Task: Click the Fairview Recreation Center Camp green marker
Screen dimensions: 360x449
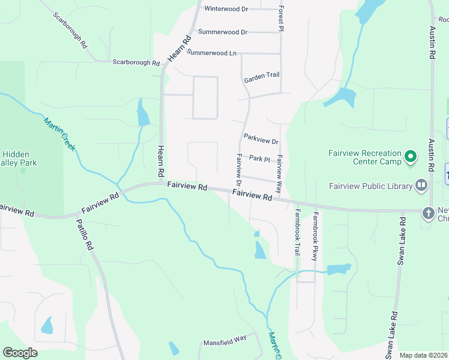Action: [x=411, y=157]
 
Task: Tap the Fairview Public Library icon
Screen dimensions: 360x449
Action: [x=421, y=185]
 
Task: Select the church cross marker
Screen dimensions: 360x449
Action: [x=428, y=213]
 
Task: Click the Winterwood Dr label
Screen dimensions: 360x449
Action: [x=226, y=9]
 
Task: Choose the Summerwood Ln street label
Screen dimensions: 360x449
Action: [x=211, y=53]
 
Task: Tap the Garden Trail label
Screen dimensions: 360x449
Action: [x=262, y=77]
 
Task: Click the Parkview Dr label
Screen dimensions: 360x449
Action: [x=261, y=139]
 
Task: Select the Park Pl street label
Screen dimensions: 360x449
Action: [x=260, y=158]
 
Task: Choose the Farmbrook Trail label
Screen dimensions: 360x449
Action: [x=297, y=232]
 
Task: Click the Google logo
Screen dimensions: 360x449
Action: [x=20, y=353]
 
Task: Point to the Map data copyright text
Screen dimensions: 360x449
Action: [x=423, y=355]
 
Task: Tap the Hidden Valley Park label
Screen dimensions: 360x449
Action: [x=19, y=158]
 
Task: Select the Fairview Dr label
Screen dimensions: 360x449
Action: [x=238, y=169]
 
